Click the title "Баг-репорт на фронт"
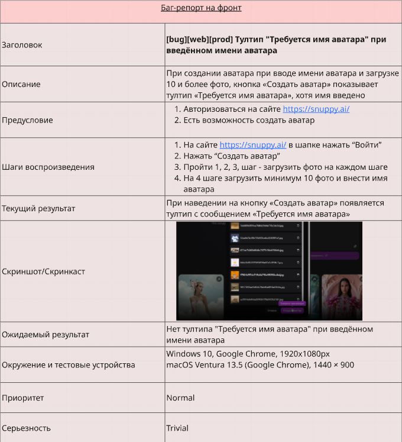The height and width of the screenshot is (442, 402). (201, 8)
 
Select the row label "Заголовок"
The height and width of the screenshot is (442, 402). (22, 45)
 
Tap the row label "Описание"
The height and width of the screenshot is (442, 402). (21, 84)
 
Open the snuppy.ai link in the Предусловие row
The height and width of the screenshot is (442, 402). (316, 109)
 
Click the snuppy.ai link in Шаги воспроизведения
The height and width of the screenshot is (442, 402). (253, 145)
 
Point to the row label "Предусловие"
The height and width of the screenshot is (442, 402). (27, 120)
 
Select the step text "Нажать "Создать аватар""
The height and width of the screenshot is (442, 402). (231, 156)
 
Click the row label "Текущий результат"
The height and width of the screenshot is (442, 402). (38, 208)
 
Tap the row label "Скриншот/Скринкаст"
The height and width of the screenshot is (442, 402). (43, 272)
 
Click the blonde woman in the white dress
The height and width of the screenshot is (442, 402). (199, 299)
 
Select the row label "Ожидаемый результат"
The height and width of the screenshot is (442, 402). (46, 334)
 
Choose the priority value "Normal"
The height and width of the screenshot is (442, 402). (180, 398)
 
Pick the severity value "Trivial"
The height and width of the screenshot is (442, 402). (177, 428)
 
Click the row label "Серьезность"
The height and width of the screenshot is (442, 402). (26, 428)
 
